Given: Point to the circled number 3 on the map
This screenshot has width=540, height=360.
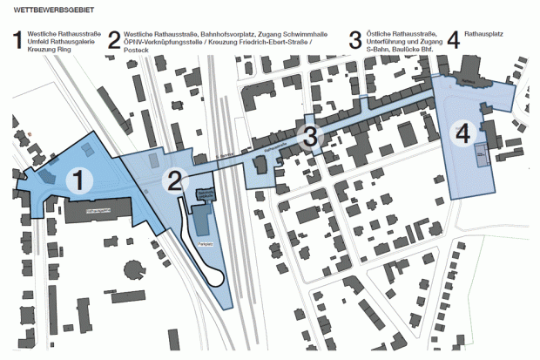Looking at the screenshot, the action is pyautogui.click(x=311, y=136).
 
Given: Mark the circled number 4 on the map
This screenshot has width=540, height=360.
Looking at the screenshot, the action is pyautogui.click(x=462, y=133).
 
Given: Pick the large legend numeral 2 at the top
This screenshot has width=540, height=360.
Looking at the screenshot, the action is pyautogui.click(x=114, y=41).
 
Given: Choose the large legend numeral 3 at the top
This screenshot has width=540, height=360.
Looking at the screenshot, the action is pyautogui.click(x=354, y=41).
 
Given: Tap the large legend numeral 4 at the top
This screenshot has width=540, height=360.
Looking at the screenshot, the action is pyautogui.click(x=452, y=41).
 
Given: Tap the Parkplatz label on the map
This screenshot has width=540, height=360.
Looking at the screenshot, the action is pyautogui.click(x=206, y=244).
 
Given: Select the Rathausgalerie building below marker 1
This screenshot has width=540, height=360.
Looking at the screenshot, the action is pyautogui.click(x=101, y=210).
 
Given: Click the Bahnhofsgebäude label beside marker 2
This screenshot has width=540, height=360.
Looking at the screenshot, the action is pyautogui.click(x=206, y=194).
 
